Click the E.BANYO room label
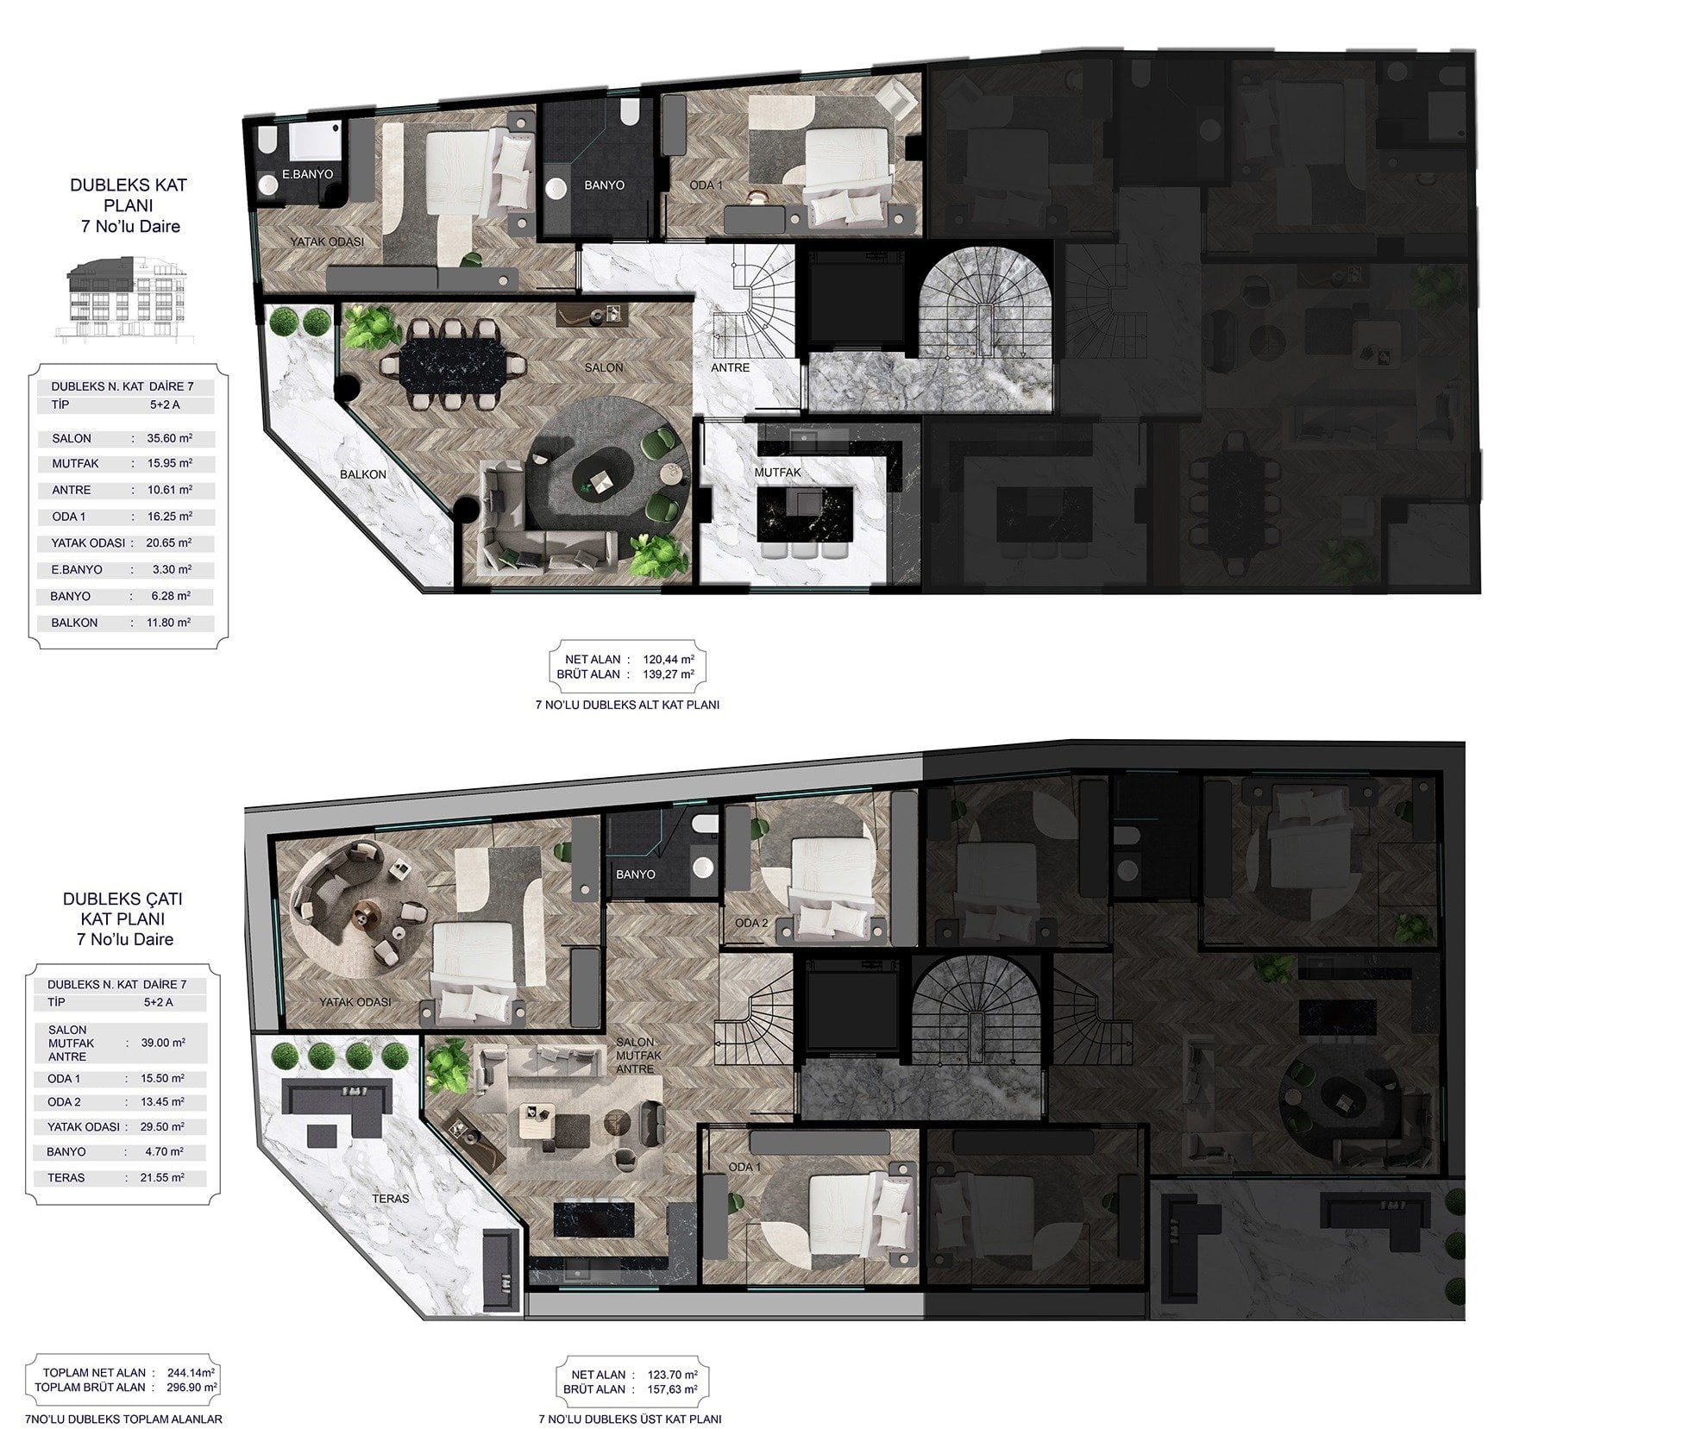click(307, 173)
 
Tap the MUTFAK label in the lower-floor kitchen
click(777, 472)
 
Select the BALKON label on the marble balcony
click(362, 474)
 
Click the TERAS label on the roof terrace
click(391, 1198)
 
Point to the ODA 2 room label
click(750, 923)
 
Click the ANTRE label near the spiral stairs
click(730, 367)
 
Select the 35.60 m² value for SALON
click(169, 438)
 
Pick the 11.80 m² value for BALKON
click(169, 622)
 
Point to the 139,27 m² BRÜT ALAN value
click(669, 674)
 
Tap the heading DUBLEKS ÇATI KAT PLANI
click(122, 918)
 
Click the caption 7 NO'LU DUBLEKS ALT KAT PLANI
click(627, 705)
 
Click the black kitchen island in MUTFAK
click(804, 513)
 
